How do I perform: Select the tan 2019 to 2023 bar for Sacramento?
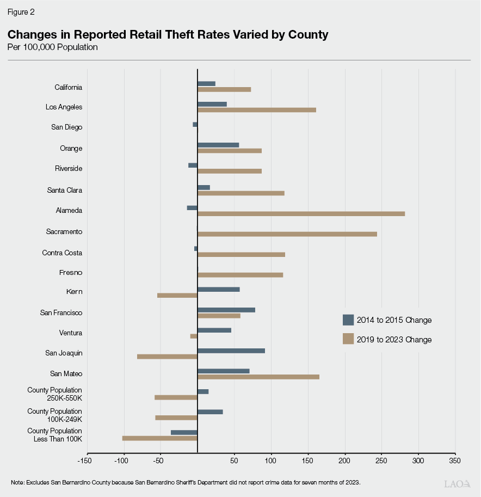pos(287,234)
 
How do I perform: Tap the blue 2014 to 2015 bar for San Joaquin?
pos(231,351)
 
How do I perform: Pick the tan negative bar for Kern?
pos(177,296)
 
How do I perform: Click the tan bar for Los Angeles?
pos(256,110)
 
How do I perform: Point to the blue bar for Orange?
pos(218,145)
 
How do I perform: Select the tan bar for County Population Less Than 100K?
pos(159,438)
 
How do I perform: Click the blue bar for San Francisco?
pos(226,310)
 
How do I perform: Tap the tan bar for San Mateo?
pos(258,377)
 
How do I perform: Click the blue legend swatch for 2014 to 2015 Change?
pos(348,320)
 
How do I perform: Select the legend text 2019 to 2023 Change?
pos(394,340)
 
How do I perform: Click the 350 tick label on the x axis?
pos(455,461)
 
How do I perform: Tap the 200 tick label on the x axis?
pos(344,461)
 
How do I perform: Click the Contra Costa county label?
pos(62,253)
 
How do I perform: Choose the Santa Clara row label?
pos(65,191)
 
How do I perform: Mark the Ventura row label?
pos(71,333)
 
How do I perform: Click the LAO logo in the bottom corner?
pos(457,483)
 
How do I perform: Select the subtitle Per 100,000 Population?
pos(52,47)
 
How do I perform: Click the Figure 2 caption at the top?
pos(21,11)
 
